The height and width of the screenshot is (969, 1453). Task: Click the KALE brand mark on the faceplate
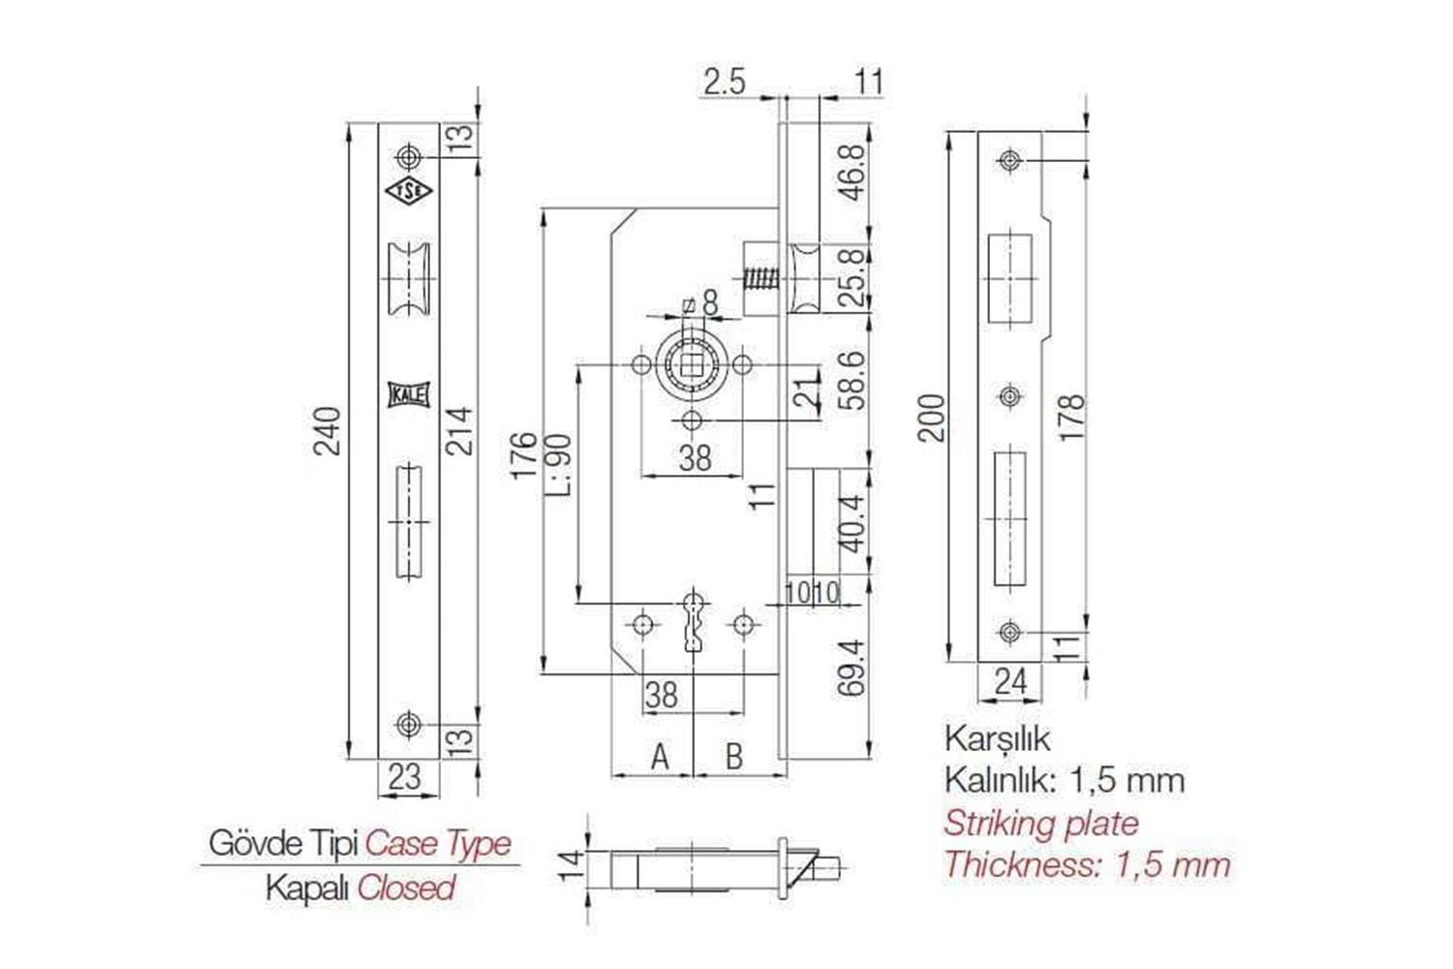click(x=409, y=395)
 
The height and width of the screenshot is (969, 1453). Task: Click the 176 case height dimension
click(x=523, y=454)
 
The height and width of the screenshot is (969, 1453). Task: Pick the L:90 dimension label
click(x=559, y=463)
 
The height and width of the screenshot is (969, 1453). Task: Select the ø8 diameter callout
click(x=702, y=304)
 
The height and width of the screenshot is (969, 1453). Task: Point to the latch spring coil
click(x=760, y=281)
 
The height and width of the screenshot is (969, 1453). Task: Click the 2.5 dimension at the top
click(x=725, y=82)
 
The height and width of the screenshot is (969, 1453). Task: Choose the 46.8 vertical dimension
click(x=851, y=172)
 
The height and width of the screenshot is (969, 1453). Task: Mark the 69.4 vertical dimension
click(x=851, y=667)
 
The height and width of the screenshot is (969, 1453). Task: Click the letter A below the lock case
click(x=660, y=756)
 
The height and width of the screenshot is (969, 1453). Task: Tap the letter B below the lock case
click(x=733, y=756)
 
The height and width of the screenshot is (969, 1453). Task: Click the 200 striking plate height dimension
click(x=931, y=418)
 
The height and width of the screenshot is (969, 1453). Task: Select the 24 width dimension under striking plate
click(x=1009, y=681)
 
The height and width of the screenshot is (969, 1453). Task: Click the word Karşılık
click(x=997, y=738)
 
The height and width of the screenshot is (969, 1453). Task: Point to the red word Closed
click(x=406, y=888)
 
